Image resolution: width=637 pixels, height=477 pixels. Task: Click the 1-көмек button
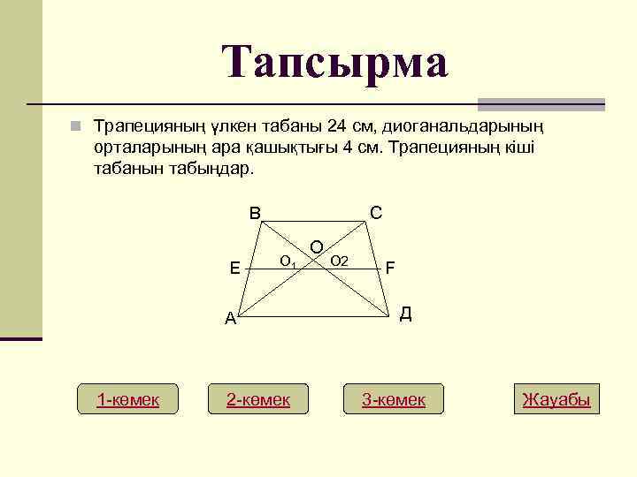pos(127,399)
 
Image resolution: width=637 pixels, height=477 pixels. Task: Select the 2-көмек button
pos(258,399)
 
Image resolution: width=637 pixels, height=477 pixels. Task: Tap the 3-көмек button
pos(394,399)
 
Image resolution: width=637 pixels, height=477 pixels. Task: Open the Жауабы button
pos(556,399)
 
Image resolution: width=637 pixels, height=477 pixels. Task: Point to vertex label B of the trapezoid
pos(255,213)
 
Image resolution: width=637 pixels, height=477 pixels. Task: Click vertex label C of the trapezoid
pos(376,213)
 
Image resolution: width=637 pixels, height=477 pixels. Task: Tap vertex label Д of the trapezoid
pos(405,314)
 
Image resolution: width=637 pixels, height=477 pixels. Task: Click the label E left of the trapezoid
pos(234,267)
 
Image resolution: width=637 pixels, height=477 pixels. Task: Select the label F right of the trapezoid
pos(390,267)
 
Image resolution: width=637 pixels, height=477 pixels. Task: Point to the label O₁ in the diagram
pos(288,261)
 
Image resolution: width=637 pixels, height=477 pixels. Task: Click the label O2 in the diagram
pos(339,260)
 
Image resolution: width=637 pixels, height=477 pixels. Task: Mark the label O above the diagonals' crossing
pos(316,245)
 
